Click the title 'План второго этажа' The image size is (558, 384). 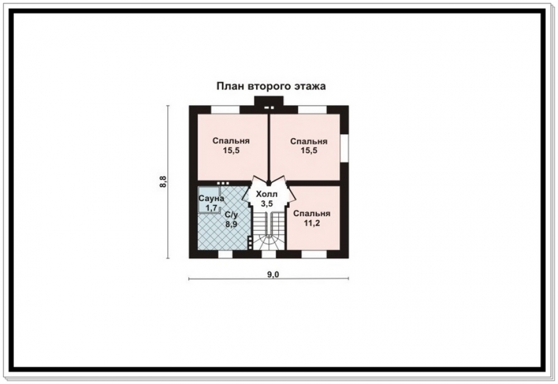[x=271, y=86]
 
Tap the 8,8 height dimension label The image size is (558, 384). [x=163, y=182]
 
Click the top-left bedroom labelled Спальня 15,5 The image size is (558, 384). [x=232, y=147]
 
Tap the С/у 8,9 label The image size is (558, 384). [x=232, y=220]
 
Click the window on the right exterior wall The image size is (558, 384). [x=344, y=148]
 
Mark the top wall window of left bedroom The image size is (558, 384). [x=225, y=110]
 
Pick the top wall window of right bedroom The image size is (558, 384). [x=312, y=110]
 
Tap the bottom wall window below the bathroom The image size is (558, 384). [x=225, y=254]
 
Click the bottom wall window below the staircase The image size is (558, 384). [x=269, y=254]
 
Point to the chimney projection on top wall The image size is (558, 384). [x=269, y=101]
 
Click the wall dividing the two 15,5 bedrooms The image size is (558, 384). [x=269, y=148]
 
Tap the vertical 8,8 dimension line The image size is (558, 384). [x=167, y=182]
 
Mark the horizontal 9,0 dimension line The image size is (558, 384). [x=269, y=278]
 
